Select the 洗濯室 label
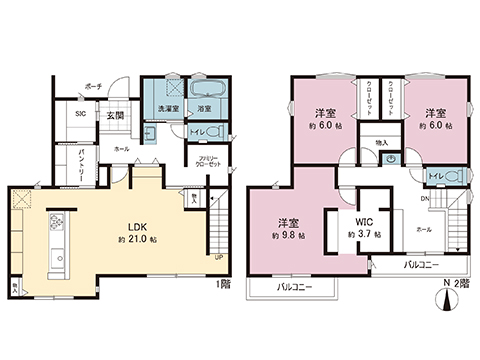pos(167,108)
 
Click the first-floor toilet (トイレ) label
pos(198,130)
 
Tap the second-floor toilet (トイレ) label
pos(436,177)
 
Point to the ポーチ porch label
pos(92,86)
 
